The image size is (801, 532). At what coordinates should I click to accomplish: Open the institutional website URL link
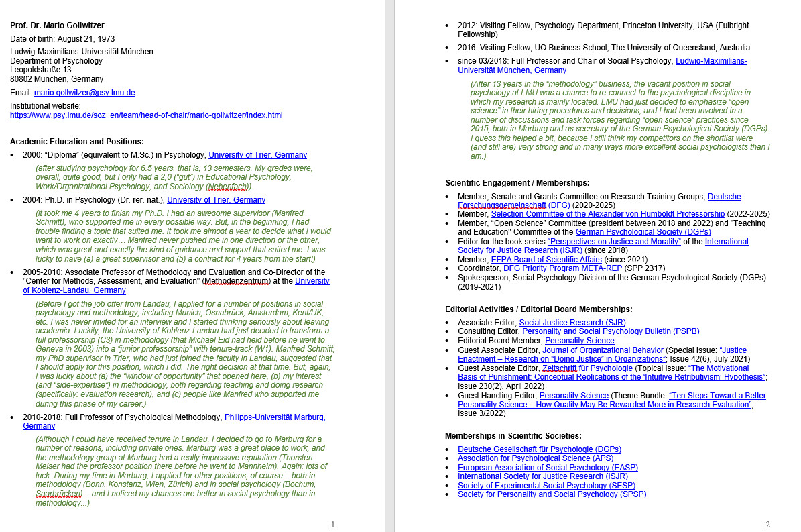[x=146, y=115]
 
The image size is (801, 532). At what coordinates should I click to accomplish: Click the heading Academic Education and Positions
[x=77, y=142]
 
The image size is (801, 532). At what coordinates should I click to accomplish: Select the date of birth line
[x=62, y=39]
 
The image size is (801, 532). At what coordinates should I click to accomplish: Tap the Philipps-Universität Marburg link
[x=275, y=417]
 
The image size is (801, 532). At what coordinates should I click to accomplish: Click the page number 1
[x=333, y=525]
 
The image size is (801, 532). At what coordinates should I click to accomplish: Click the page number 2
[x=767, y=525]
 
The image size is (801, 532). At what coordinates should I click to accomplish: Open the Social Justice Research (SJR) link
[x=572, y=323]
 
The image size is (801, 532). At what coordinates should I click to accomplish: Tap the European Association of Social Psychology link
[x=548, y=468]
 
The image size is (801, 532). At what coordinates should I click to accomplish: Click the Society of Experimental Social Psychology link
[x=546, y=486]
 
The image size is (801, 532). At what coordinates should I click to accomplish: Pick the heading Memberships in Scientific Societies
[x=513, y=436]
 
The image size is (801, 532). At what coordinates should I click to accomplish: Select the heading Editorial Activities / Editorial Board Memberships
[x=538, y=309]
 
